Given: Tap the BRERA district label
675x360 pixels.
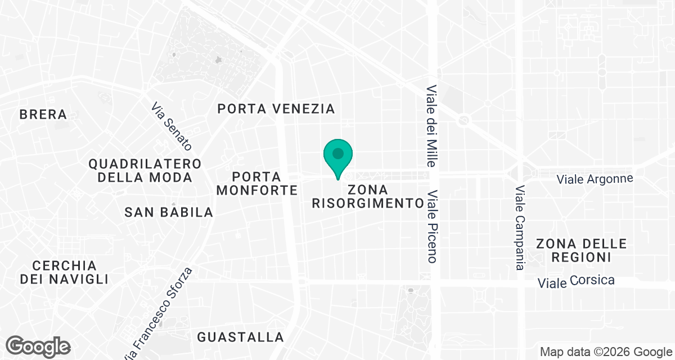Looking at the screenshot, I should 43,114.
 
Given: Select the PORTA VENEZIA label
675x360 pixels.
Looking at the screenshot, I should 276,109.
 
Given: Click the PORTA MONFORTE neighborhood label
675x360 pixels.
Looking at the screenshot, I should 256,183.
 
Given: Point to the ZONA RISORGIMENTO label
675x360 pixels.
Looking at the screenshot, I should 368,196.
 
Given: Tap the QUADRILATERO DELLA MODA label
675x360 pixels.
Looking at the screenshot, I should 145,170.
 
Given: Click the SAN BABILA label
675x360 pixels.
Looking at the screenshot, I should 169,212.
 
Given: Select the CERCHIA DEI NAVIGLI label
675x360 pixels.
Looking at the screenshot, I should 64,272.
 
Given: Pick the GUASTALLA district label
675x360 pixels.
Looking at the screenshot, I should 240,337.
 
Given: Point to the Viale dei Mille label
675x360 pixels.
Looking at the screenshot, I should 431,127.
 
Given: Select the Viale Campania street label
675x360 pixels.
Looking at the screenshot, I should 520,228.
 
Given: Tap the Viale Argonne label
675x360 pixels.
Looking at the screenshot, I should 595,179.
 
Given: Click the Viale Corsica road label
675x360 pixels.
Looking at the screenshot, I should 576,281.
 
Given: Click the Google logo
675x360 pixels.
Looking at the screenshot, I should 38,346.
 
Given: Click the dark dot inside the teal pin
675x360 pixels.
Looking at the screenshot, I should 338,153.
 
